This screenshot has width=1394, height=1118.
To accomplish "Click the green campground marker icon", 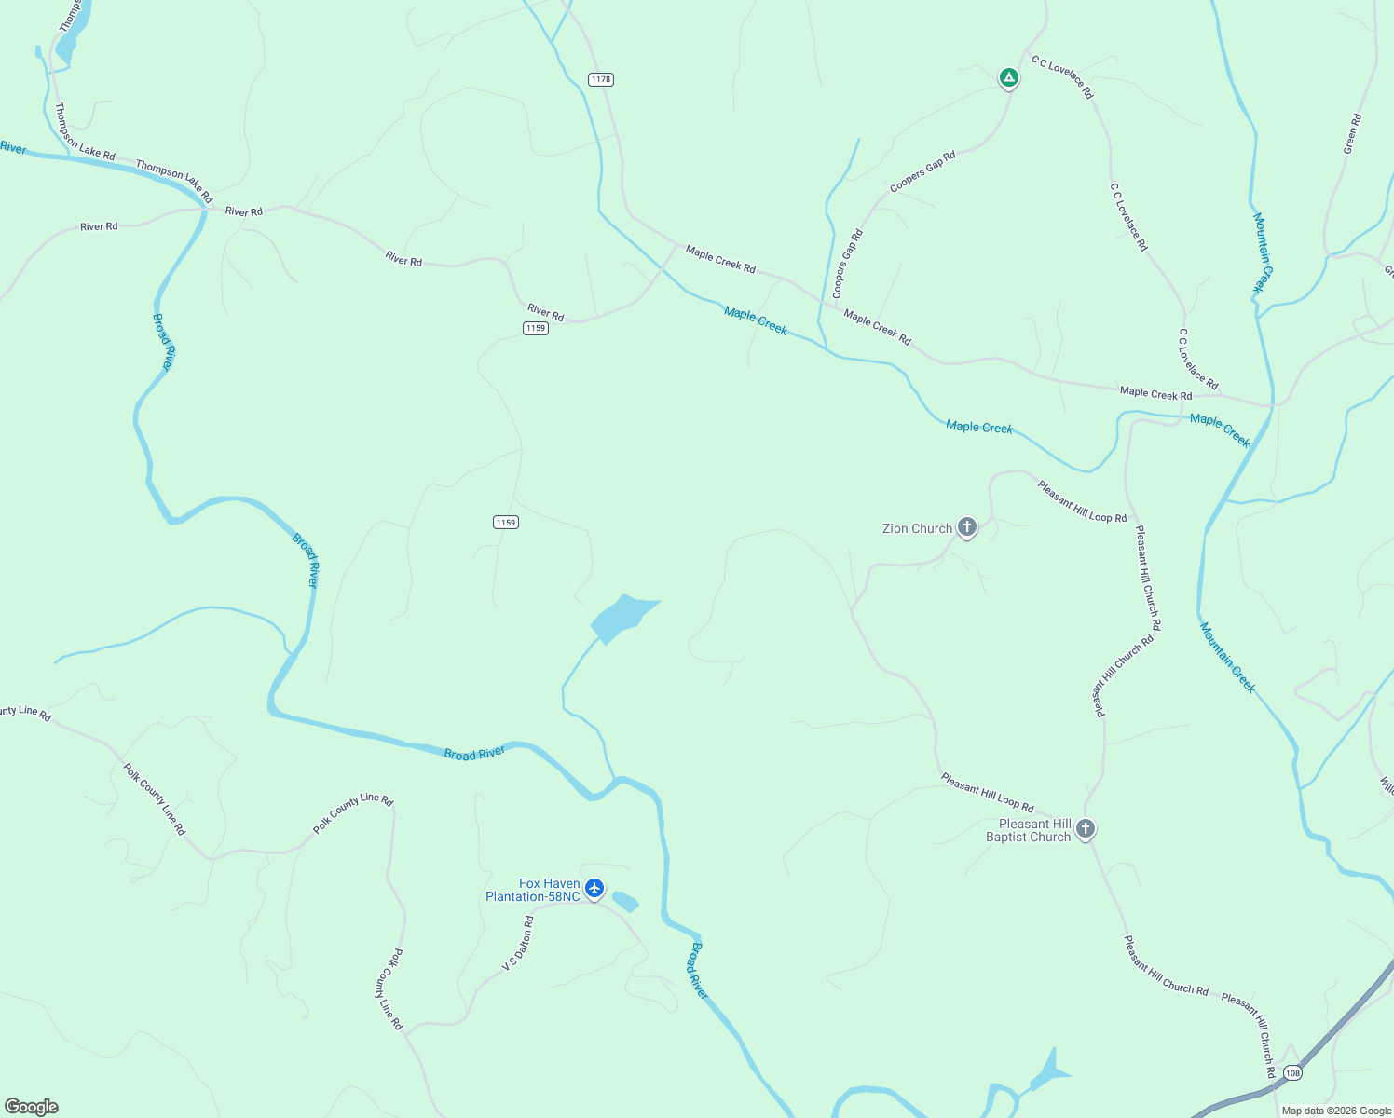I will click(1008, 77).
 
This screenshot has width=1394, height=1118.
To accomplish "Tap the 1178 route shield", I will click(601, 79).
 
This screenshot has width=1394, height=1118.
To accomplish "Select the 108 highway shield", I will click(1291, 1073).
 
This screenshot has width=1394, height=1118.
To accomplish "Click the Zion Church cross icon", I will click(967, 528).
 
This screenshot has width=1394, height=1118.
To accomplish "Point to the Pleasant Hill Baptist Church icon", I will click(1086, 828).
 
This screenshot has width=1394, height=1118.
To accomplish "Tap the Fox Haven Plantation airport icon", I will click(594, 888).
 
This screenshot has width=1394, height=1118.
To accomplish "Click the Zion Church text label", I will click(917, 528).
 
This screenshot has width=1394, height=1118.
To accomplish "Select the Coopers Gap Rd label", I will click(922, 172).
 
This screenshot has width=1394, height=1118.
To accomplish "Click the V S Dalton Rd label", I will click(518, 943).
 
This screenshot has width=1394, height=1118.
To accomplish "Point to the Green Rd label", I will click(1352, 133).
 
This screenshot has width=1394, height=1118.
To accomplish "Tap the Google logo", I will click(32, 1106).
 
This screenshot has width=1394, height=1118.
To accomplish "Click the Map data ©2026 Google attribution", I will click(1335, 1111).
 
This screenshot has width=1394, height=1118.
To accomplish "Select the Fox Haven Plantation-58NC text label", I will click(533, 890).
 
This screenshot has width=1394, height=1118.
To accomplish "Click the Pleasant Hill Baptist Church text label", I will click(1029, 830).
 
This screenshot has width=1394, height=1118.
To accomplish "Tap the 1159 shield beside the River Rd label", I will click(535, 328).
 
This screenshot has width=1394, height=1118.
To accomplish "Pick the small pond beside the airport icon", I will click(624, 901).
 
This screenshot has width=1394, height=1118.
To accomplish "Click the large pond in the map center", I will click(620, 617).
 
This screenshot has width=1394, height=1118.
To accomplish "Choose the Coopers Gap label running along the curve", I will click(848, 264).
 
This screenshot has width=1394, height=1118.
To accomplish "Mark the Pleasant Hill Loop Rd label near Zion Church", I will click(1082, 500).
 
